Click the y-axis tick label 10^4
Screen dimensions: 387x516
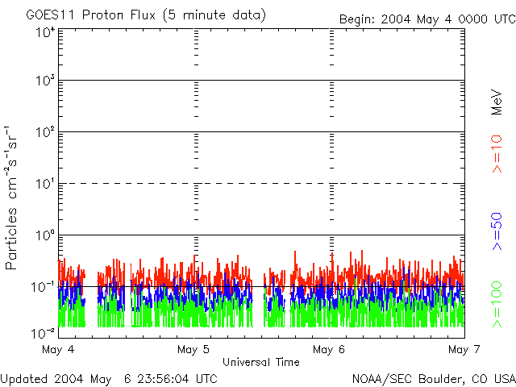tap(44, 32)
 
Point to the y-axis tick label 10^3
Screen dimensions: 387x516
tap(44, 81)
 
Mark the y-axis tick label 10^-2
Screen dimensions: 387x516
tap(43, 331)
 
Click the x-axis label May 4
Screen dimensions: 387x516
tap(58, 349)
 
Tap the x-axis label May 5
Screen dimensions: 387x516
tap(193, 349)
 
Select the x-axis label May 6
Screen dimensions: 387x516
tap(329, 349)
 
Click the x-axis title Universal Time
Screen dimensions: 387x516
tap(261, 362)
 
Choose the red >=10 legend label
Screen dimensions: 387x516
tap(497, 154)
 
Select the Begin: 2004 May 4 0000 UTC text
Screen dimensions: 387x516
tap(426, 19)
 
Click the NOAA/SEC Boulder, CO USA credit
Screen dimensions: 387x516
tap(433, 378)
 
